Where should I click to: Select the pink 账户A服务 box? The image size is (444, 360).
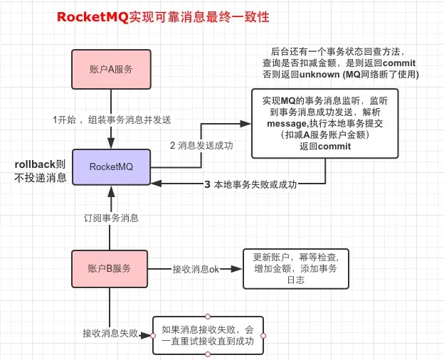pos(110,69)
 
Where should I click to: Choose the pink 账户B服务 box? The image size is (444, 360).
pos(110,269)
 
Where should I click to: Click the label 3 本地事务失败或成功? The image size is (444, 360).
pos(250,184)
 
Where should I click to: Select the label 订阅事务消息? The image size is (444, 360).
pos(110,218)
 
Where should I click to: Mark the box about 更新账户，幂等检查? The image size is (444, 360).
pos(296,269)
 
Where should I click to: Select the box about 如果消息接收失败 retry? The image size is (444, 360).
pos(206,334)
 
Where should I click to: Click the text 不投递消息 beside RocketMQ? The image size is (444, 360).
pos(40,178)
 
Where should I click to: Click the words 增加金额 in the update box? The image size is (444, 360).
pos(271,269)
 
